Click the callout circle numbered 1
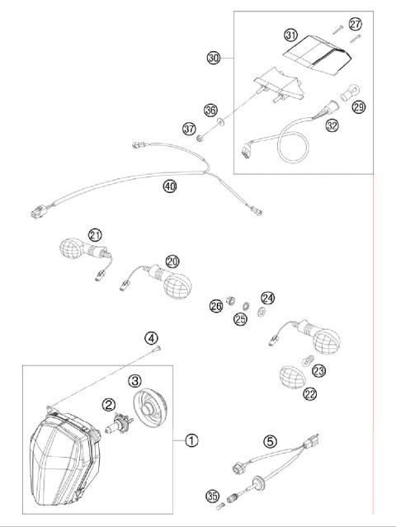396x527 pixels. click(x=191, y=440)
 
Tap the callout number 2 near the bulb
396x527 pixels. click(x=108, y=404)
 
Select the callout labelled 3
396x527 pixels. click(x=135, y=380)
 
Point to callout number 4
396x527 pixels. click(x=151, y=336)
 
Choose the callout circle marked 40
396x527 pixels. click(x=170, y=187)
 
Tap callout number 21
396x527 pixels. click(x=95, y=234)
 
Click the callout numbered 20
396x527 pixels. click(x=172, y=261)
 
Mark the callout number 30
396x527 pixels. click(x=214, y=58)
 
